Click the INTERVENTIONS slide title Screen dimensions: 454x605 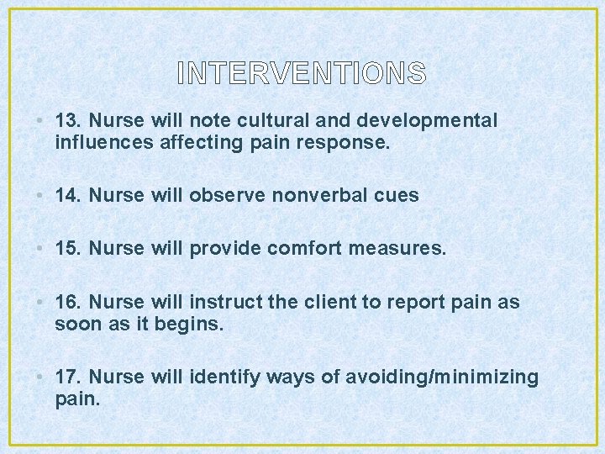302,74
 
